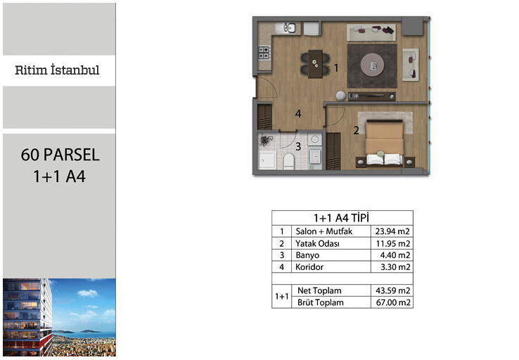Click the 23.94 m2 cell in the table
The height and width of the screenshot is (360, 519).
coord(392,231)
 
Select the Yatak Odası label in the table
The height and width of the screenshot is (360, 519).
coord(317,243)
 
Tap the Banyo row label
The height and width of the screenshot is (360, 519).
coord(307,255)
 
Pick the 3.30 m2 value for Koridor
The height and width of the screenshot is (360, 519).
coord(395,267)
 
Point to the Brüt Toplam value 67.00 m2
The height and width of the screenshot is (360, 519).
coord(393,302)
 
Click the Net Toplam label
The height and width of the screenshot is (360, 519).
coord(319,290)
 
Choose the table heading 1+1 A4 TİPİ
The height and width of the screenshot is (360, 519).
coord(341,218)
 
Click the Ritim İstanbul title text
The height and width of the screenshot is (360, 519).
coord(57,70)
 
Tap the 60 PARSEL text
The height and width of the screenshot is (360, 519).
coord(60,155)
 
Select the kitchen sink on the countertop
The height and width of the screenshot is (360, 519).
coord(287,27)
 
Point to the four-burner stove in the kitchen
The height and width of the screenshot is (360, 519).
coord(264,53)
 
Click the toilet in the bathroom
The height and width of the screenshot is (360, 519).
coord(289,161)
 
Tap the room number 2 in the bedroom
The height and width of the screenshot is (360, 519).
coord(356,130)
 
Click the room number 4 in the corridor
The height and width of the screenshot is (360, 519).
coord(298,114)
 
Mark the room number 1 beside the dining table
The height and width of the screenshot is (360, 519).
coord(336,67)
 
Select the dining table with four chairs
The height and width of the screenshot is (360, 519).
coord(315,64)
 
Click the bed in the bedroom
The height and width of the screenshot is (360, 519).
coord(384,143)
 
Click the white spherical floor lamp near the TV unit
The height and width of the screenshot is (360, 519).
coord(340,96)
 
